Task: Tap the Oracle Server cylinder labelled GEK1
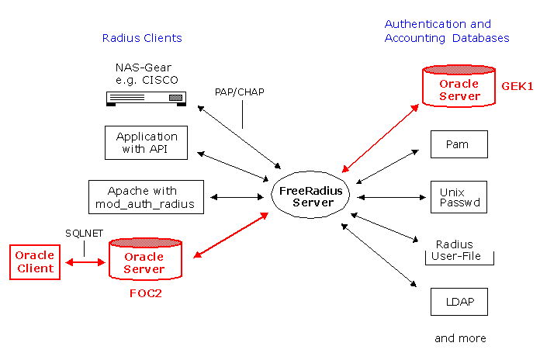coord(459,86)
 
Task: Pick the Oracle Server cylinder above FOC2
coord(145,258)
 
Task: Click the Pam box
coord(459,144)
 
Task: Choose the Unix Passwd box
coord(459,197)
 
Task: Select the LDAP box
coord(459,302)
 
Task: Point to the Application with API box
coord(147,143)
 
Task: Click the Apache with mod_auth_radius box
coord(146,197)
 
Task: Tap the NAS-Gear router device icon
coord(146,99)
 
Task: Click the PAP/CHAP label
coord(240,92)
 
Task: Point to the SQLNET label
coord(85,234)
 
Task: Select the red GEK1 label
coord(517,86)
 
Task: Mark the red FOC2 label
coord(146,293)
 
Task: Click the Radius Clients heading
coord(142,38)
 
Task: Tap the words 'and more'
coord(460,338)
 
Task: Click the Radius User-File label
coord(455,250)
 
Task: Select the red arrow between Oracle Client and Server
coord(85,262)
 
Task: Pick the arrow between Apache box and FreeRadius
coord(237,197)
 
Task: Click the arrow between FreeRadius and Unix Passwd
coord(392,197)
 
